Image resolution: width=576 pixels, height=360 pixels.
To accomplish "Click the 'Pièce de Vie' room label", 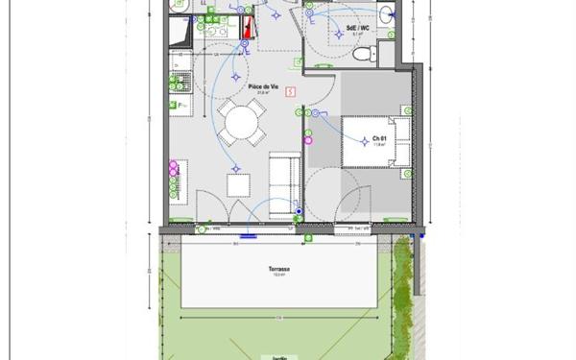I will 263,86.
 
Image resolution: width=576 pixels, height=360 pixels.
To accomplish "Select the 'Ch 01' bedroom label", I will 378,139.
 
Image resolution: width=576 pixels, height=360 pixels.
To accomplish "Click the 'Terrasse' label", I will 279,270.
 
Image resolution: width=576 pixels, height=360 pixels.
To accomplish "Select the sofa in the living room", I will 281,182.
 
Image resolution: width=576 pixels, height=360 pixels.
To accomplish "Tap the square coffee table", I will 235,183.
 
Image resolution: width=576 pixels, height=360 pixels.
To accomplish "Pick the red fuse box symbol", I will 249,26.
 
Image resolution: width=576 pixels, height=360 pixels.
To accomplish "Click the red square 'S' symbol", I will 290,91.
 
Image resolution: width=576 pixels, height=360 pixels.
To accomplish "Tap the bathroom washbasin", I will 386,13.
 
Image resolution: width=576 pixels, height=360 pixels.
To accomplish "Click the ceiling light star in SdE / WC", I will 337,36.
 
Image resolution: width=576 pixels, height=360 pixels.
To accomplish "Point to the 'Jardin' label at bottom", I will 279,356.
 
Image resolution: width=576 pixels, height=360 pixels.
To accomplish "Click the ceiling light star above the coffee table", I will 235,169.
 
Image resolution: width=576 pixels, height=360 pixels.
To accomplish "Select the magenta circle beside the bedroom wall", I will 308,139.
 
